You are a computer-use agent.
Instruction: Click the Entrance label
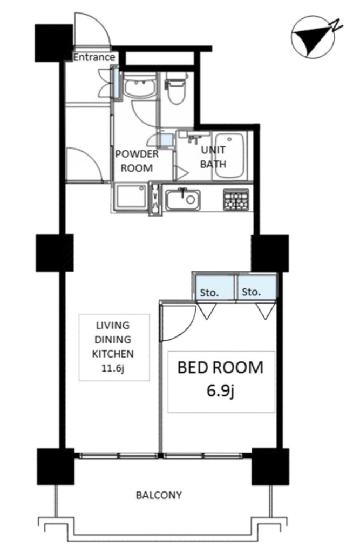94,57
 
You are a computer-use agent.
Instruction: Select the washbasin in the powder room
140,87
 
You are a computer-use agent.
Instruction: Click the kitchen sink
182,200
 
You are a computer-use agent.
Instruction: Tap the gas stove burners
236,200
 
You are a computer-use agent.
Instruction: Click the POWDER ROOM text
137,161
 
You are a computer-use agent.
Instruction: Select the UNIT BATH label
213,157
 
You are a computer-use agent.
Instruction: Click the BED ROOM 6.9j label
221,379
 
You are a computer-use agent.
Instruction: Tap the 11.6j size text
113,368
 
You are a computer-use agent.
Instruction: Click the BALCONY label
159,495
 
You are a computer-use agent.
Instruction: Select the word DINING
113,340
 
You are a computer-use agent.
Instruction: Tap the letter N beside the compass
336,25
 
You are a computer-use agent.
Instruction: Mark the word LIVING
113,325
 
